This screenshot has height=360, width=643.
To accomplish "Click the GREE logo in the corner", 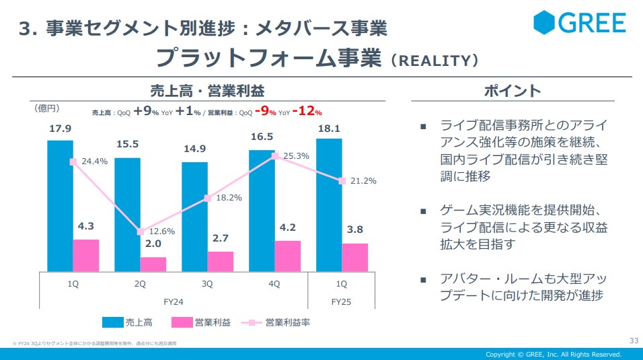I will [x=579, y=22].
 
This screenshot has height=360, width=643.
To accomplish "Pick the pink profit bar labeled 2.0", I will [x=153, y=264].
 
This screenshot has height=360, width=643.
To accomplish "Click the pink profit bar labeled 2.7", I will [x=221, y=261].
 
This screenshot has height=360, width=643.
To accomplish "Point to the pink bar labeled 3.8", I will [x=355, y=257].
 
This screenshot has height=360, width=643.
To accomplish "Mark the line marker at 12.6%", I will [x=140, y=231].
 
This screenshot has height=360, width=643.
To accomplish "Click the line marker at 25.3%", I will [x=274, y=156].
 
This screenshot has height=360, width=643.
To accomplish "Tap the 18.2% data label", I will [x=229, y=197].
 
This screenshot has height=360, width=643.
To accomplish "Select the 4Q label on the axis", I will [x=274, y=284].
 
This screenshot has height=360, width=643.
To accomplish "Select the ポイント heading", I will [x=513, y=91].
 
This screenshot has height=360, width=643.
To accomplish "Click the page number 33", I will [x=633, y=340].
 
